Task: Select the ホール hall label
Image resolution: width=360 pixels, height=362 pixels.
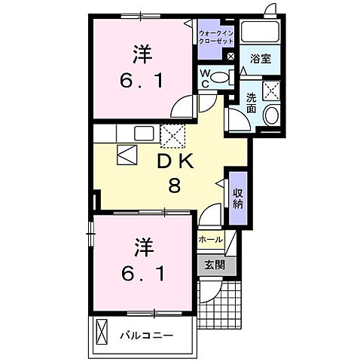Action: pos(209,240)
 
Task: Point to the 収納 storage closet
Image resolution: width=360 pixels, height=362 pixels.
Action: pos(237,198)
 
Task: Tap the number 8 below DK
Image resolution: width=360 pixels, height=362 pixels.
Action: pos(174,186)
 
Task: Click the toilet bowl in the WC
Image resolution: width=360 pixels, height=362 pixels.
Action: pos(221,76)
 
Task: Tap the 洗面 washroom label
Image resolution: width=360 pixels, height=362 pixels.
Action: pos(251,103)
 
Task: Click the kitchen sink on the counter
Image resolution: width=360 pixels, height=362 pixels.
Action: pos(144,133)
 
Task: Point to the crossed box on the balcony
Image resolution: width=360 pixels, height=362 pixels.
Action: pos(104,333)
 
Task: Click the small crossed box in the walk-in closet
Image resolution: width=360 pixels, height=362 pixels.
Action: pos(230,56)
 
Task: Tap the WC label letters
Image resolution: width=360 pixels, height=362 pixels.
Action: pos(203,78)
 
